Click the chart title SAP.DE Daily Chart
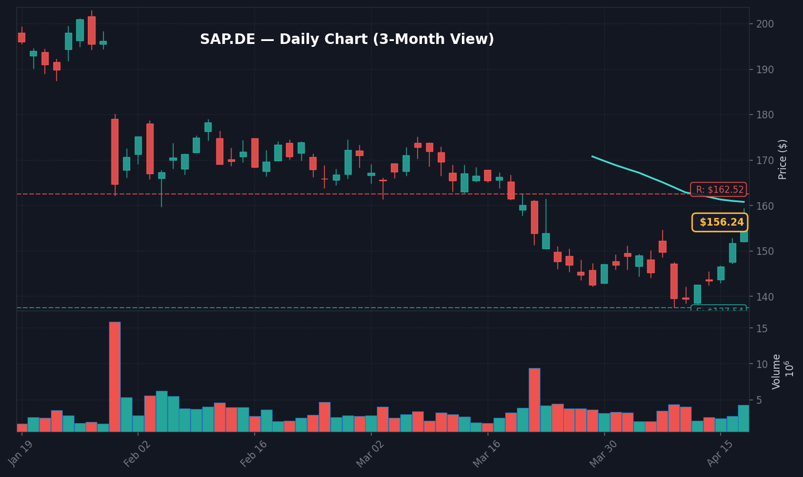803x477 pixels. [347, 40]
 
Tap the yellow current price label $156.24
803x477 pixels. [720, 223]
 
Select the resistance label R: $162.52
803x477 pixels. [719, 190]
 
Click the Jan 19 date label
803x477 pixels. [21, 453]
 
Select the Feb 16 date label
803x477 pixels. [254, 453]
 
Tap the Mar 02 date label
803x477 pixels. [370, 453]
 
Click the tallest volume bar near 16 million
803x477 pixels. [115, 376]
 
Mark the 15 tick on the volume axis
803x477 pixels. [762, 329]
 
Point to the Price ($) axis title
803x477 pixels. [783, 159]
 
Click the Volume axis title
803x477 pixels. [777, 372]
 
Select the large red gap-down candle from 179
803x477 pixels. [115, 151]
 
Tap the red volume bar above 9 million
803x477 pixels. [535, 400]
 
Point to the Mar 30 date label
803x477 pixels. [603, 453]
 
